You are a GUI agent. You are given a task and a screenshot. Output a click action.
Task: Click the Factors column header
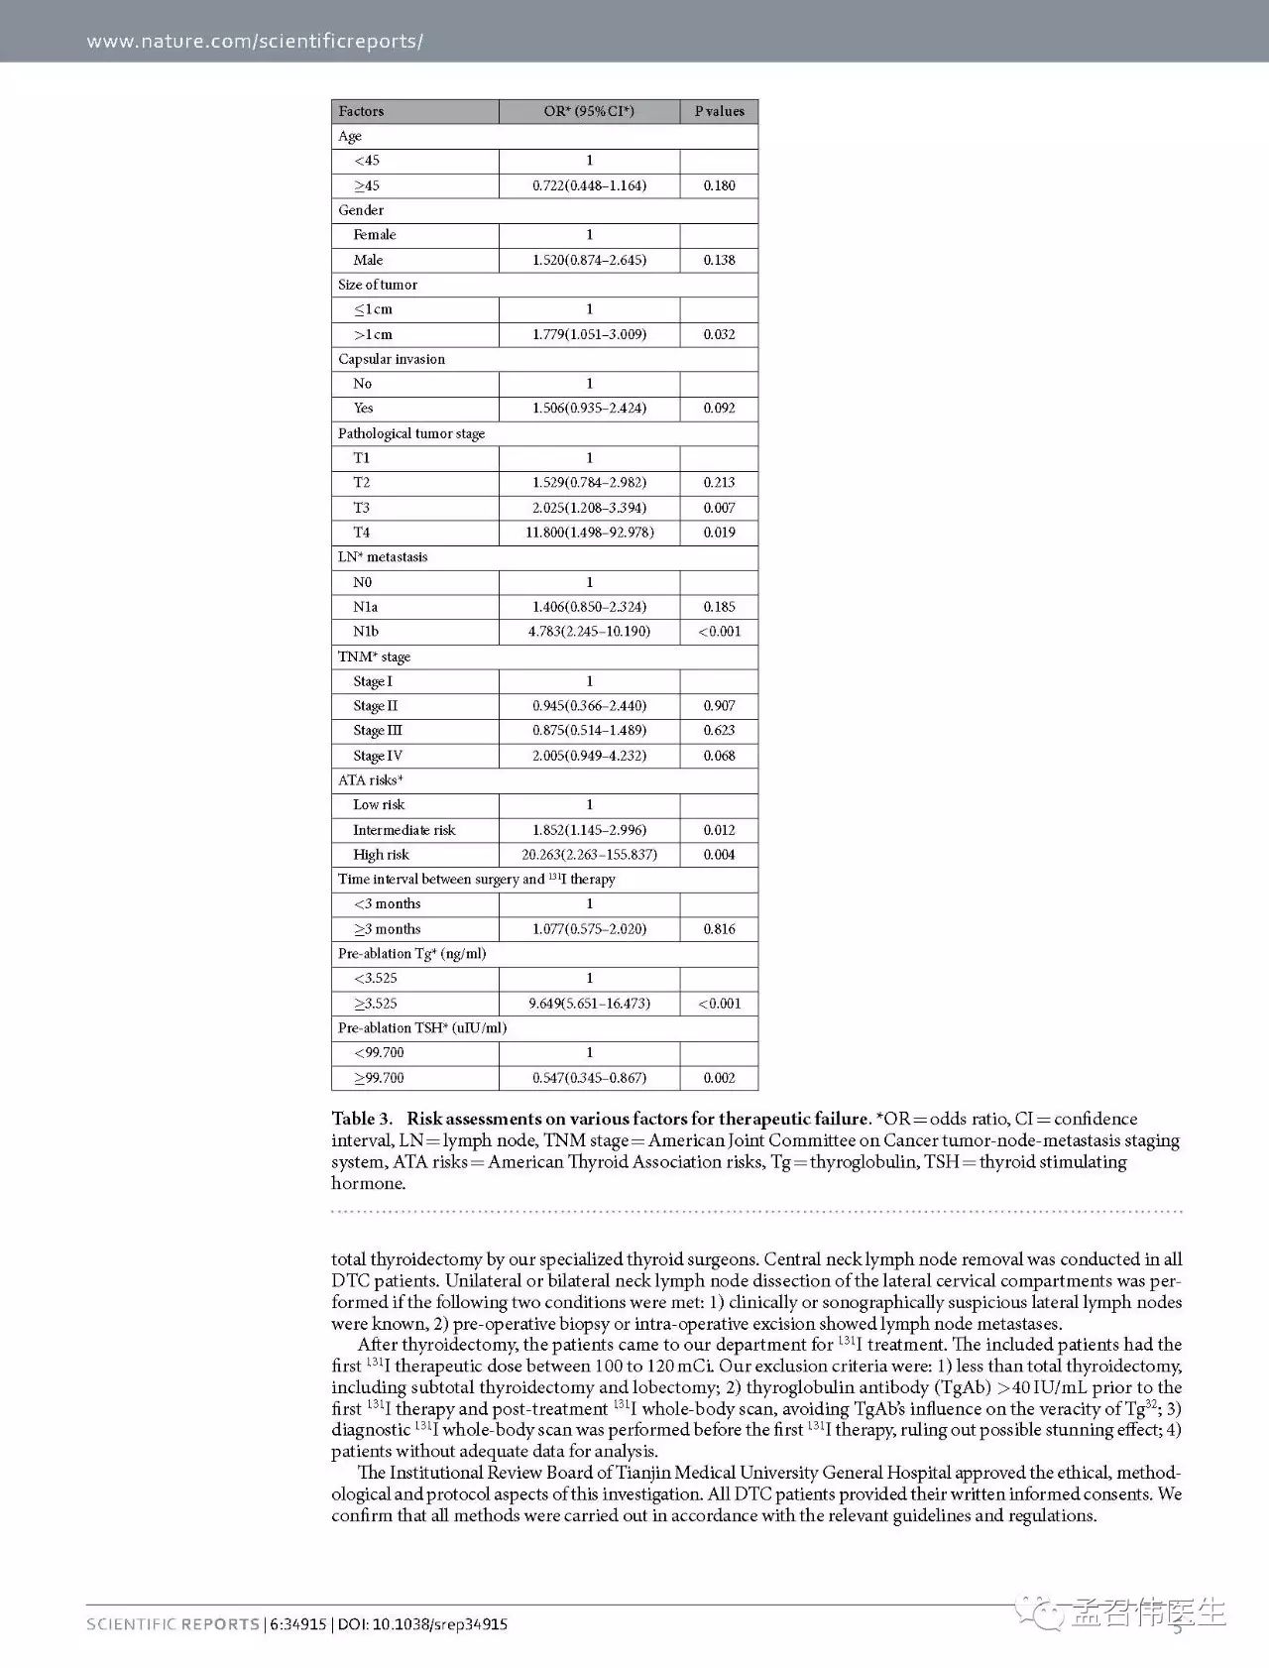pyautogui.click(x=361, y=111)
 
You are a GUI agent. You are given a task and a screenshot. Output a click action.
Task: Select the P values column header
pyautogui.click(x=719, y=111)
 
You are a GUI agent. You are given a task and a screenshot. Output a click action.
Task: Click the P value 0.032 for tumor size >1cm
pyautogui.click(x=719, y=334)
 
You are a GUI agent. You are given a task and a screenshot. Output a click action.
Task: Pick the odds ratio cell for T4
pyautogui.click(x=589, y=533)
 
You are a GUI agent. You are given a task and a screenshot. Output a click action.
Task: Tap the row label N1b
pyautogui.click(x=366, y=632)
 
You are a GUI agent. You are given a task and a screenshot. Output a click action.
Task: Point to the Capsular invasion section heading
pyautogui.click(x=392, y=359)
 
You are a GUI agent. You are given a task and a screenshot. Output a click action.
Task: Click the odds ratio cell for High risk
pyautogui.click(x=589, y=855)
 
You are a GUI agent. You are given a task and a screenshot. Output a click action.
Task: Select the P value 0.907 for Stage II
pyautogui.click(x=719, y=706)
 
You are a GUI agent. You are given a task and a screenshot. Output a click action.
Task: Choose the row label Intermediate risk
pyautogui.click(x=404, y=830)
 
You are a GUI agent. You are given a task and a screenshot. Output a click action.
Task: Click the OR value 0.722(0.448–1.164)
pyautogui.click(x=589, y=185)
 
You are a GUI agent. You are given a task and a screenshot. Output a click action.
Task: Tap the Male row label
pyautogui.click(x=368, y=260)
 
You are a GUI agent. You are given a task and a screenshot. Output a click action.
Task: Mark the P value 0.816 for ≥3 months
pyautogui.click(x=719, y=929)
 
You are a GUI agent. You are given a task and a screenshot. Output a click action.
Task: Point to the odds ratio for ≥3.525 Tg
pyautogui.click(x=589, y=1004)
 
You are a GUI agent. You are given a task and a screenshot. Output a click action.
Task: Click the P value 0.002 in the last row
pyautogui.click(x=719, y=1078)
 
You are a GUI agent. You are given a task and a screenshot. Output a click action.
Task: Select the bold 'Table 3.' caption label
pyautogui.click(x=362, y=1120)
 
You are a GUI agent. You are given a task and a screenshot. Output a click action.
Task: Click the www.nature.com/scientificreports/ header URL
pyautogui.click(x=255, y=41)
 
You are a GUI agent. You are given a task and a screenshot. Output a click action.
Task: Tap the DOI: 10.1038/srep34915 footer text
pyautogui.click(x=422, y=1624)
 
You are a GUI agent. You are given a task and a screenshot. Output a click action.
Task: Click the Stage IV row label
pyautogui.click(x=378, y=756)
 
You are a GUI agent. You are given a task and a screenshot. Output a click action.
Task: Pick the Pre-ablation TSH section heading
pyautogui.click(x=422, y=1028)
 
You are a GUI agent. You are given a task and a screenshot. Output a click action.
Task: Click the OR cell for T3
pyautogui.click(x=589, y=508)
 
